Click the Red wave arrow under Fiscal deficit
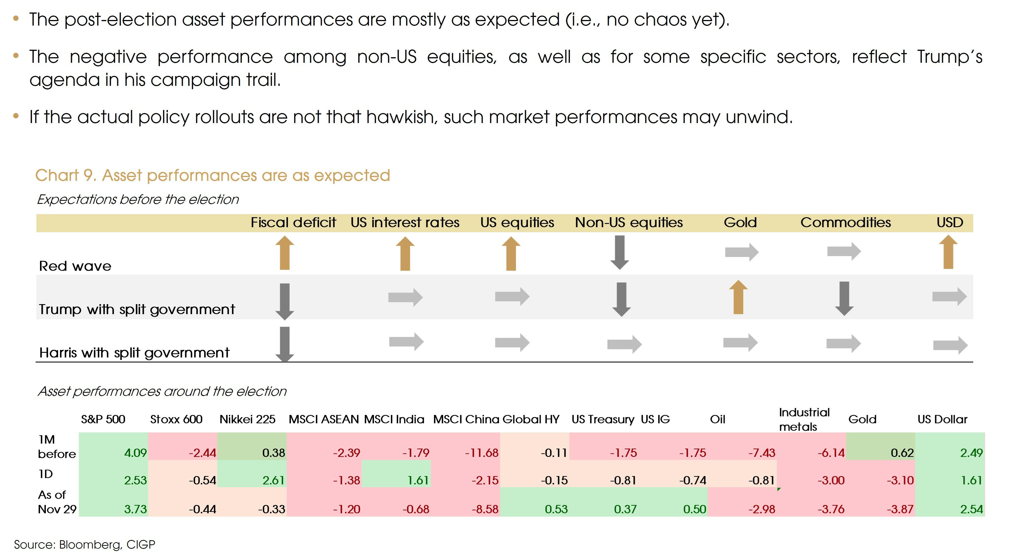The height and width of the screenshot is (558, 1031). [284, 253]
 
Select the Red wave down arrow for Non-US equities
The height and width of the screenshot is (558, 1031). [620, 252]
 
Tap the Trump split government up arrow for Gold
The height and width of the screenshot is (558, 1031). [738, 297]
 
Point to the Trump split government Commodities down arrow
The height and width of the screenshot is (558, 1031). [844, 298]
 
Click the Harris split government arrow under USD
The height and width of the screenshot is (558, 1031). [950, 345]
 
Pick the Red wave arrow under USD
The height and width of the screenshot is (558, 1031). [948, 252]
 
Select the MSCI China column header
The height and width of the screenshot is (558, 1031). [466, 419]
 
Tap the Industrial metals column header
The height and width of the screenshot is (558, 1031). [804, 419]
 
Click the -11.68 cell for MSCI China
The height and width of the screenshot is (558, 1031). [481, 453]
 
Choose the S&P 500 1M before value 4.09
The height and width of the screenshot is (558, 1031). [135, 453]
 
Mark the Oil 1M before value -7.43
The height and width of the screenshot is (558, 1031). [762, 453]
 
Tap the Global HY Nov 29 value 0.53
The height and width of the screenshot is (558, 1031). [556, 509]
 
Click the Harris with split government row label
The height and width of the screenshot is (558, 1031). [134, 353]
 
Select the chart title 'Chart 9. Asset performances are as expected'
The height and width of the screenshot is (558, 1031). [213, 175]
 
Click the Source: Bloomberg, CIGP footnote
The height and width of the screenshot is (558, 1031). [84, 544]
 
